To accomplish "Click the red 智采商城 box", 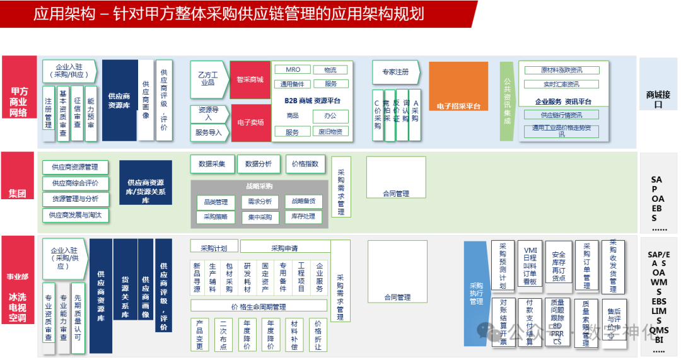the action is point(250,80).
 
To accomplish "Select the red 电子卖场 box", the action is point(250,122).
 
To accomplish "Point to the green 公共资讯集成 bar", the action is point(506,101).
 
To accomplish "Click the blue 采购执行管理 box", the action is point(476,293).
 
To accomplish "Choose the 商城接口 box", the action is point(658,99).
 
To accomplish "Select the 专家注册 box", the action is point(395,72).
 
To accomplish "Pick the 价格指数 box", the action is point(306,164).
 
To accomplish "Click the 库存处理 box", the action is point(303,216).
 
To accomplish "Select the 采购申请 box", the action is point(284,248).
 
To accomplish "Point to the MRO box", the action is point(293,70).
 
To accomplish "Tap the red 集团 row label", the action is point(18,192).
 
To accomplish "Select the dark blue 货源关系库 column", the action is point(125,296).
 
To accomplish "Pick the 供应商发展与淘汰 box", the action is point(76,215).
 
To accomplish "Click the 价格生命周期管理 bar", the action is point(259,306).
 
